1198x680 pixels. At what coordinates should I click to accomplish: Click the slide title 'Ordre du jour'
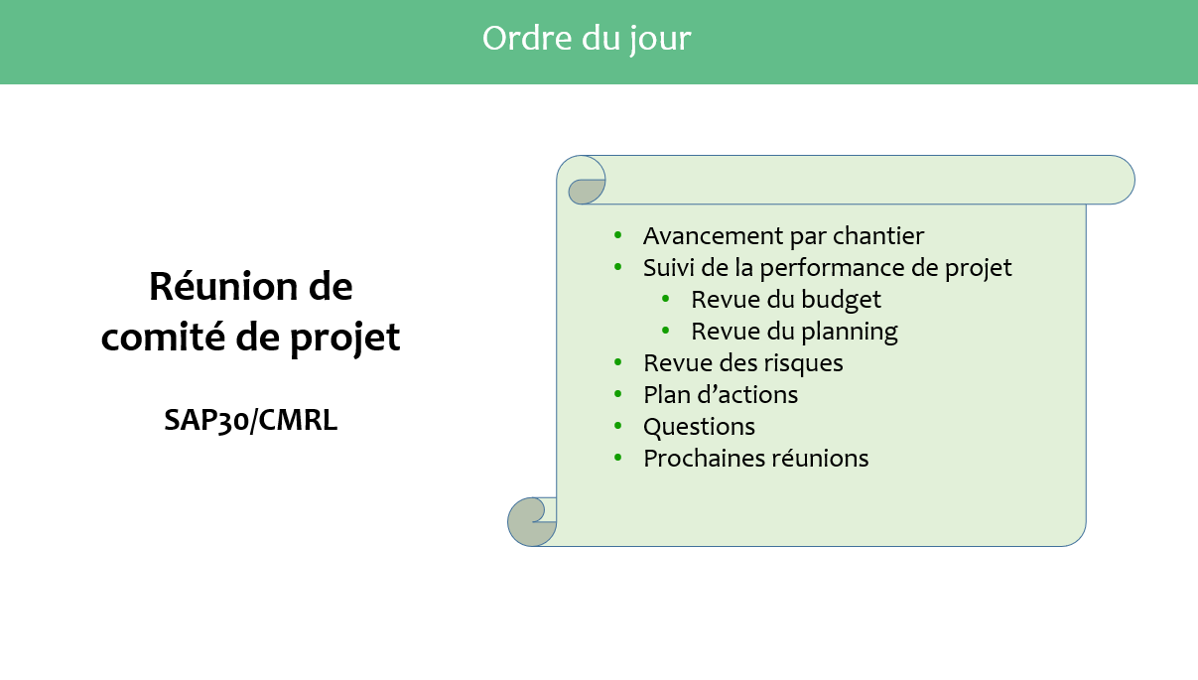[x=587, y=39]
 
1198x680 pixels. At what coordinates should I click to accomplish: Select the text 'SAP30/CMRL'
[x=251, y=420]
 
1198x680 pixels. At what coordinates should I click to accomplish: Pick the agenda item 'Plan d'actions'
[x=721, y=395]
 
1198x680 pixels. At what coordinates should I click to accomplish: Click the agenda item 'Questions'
[x=699, y=427]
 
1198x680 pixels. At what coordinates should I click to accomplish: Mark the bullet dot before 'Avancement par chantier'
[x=618, y=235]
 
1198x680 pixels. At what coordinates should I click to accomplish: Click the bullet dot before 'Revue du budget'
[x=666, y=299]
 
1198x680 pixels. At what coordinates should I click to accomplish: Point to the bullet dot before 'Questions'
[x=618, y=426]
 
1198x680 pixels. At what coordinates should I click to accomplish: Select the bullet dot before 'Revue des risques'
[x=618, y=362]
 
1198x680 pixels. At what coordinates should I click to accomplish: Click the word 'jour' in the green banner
[x=660, y=40]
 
